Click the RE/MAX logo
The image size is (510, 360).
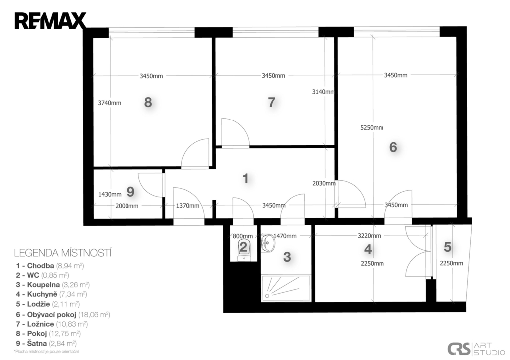[50, 21]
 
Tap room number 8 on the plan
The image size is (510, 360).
[148, 103]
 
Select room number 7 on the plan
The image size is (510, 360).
[271, 102]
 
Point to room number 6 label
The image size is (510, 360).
[393, 147]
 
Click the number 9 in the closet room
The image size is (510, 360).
[130, 192]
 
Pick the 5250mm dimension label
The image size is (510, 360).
[372, 128]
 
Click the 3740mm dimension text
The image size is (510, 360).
[109, 103]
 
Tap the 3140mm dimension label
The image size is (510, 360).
[323, 92]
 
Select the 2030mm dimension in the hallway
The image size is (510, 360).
[324, 183]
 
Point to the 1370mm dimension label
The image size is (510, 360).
[188, 206]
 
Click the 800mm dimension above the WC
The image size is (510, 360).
[243, 236]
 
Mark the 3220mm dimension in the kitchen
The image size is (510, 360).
[369, 236]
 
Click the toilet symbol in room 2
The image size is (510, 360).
[243, 250]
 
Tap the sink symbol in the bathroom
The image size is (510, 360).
[267, 243]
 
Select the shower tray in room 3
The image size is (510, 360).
[286, 288]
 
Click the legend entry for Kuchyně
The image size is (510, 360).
[51, 294]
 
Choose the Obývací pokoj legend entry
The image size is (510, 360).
[63, 315]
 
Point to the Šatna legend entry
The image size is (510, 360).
[46, 343]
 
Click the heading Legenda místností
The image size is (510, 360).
[63, 253]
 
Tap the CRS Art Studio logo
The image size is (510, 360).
[476, 349]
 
